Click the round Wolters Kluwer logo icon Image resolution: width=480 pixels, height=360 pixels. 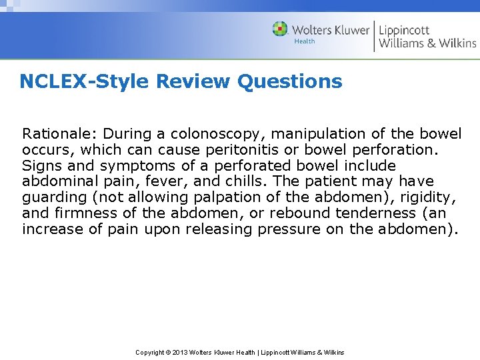point(280,29)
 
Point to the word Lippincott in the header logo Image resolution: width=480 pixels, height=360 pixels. point(404,30)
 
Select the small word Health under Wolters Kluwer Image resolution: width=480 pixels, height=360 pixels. point(305,41)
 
